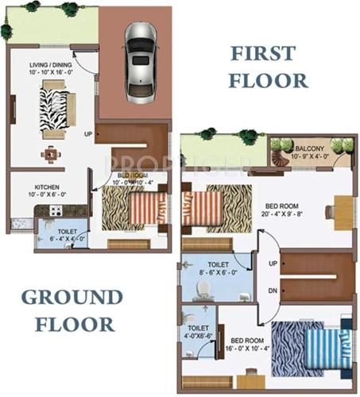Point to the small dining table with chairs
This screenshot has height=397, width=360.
52,152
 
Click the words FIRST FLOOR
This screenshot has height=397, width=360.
268,67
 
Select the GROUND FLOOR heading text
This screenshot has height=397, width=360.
68,310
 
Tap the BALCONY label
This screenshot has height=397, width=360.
306,149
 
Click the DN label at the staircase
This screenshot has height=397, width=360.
273,291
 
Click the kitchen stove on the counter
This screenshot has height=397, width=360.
53,213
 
